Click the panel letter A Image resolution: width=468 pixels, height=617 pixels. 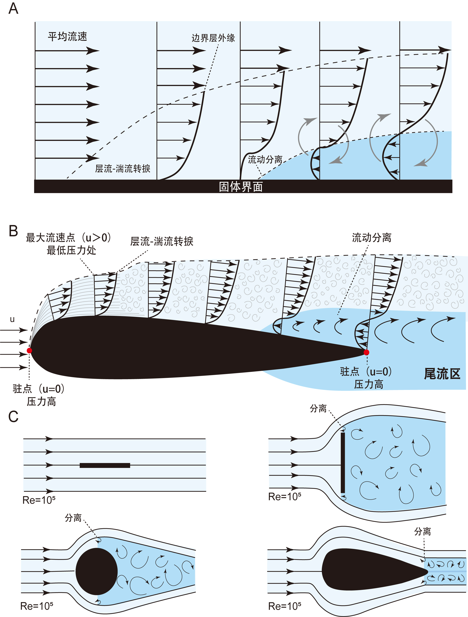[x=13, y=8]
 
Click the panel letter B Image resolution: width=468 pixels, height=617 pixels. [x=13, y=231]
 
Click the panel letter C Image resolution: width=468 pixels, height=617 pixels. [x=13, y=417]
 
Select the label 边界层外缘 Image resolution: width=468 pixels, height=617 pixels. [x=213, y=38]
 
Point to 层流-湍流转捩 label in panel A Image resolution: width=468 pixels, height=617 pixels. [x=123, y=168]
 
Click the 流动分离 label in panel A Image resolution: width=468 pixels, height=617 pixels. [x=265, y=159]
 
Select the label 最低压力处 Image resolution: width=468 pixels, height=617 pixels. [x=71, y=250]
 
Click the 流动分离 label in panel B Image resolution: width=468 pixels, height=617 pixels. [x=372, y=238]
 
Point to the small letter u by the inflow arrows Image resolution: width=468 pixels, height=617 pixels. [x=12, y=319]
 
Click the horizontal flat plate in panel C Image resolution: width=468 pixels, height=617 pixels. [x=105, y=465]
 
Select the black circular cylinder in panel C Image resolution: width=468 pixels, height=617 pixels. [x=96, y=571]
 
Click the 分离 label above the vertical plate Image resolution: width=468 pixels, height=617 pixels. [x=318, y=409]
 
